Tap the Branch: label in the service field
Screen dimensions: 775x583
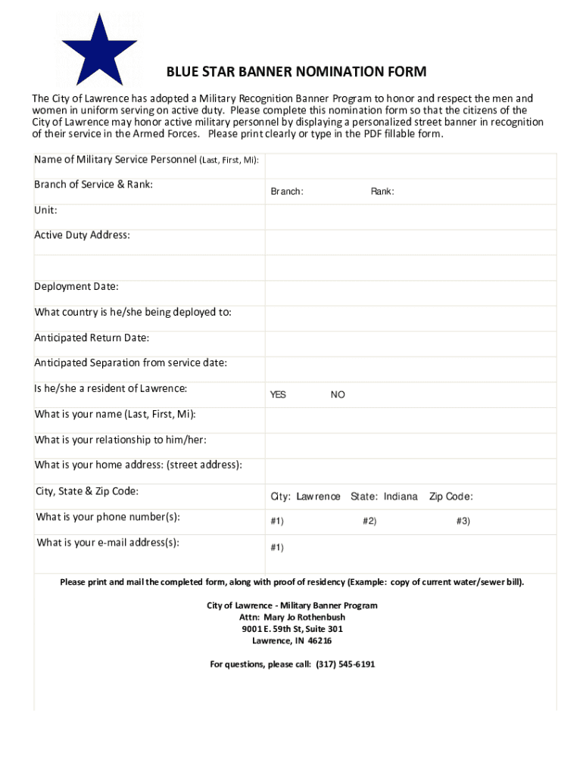(x=287, y=192)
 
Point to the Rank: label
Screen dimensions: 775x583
(x=382, y=192)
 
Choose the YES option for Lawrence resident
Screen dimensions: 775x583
(x=279, y=395)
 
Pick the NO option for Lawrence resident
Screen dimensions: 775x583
(x=338, y=395)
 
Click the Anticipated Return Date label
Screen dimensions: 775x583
(x=92, y=338)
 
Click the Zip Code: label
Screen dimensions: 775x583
(x=451, y=496)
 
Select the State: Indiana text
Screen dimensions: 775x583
(x=384, y=496)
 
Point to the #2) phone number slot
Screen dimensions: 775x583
(x=369, y=521)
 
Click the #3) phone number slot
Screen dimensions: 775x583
(x=463, y=521)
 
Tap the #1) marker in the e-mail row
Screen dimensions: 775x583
(x=277, y=547)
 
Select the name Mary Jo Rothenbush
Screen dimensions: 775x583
(x=304, y=617)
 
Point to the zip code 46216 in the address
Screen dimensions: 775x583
(x=319, y=640)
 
